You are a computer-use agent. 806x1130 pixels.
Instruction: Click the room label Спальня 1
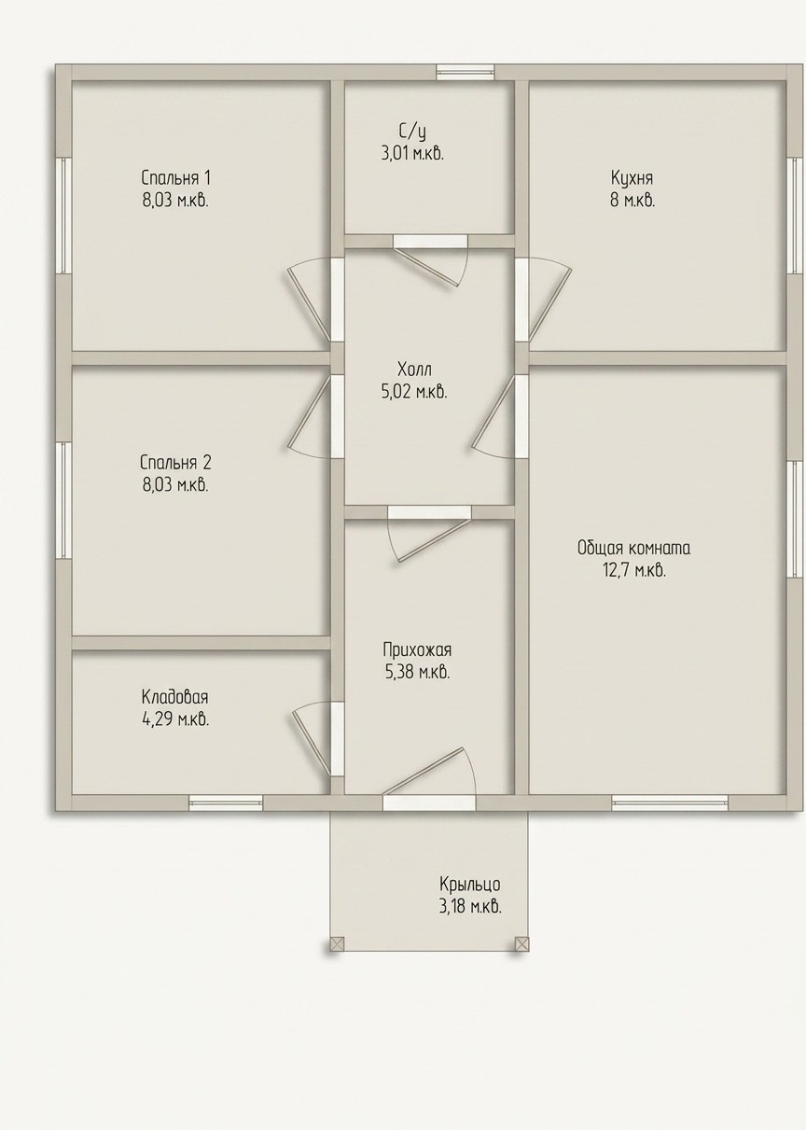[176, 178]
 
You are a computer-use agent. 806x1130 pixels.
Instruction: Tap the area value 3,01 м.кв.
[412, 153]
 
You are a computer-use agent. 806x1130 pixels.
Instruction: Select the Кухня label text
[632, 178]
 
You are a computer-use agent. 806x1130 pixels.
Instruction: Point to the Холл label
[414, 370]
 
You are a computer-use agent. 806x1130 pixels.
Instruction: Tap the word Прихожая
[417, 649]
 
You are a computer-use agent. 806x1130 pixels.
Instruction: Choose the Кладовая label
[175, 697]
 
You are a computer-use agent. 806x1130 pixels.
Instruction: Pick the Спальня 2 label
[176, 462]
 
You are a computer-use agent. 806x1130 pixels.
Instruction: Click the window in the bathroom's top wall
[466, 72]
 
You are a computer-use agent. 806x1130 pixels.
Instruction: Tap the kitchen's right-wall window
[795, 216]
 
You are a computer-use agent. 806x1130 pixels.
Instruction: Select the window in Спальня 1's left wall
[63, 216]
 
